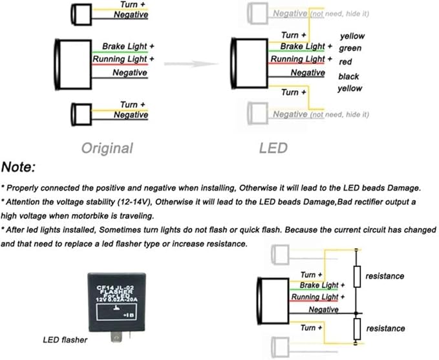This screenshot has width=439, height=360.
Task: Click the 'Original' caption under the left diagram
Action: pyautogui.click(x=107, y=148)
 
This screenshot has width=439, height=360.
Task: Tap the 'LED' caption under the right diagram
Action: pyautogui.click(x=273, y=148)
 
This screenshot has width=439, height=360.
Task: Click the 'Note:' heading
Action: pyautogui.click(x=19, y=167)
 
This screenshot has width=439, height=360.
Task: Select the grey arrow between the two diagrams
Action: pyautogui.click(x=191, y=64)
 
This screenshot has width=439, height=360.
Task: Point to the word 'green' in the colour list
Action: pyautogui.click(x=350, y=48)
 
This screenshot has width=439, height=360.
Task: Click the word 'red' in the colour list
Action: pyautogui.click(x=345, y=61)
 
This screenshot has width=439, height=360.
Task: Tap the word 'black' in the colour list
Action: pyautogui.click(x=348, y=76)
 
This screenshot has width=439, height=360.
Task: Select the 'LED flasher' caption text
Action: pyautogui.click(x=65, y=340)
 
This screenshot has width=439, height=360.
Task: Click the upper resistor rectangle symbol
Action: pyautogui.click(x=357, y=277)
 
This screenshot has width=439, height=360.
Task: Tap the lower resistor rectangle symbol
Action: pyautogui.click(x=357, y=329)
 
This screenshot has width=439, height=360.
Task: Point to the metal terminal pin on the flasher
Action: pyautogui.click(x=116, y=337)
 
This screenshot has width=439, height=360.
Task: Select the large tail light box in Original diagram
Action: pyautogui.click(x=74, y=65)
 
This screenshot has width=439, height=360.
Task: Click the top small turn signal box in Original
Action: pyautogui.click(x=81, y=15)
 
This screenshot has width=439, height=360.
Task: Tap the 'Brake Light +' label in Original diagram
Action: pyautogui.click(x=128, y=46)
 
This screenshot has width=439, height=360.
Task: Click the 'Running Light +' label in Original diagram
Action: pyautogui.click(x=123, y=59)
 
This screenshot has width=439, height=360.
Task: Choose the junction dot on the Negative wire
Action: pyautogui.click(x=356, y=313)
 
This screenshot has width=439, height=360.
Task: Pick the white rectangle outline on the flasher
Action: pyautogui.click(x=116, y=312)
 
